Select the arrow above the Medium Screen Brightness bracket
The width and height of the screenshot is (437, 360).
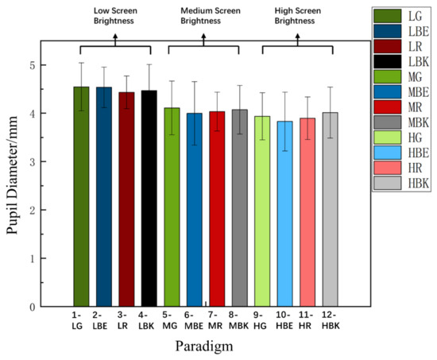pos(204,37)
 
